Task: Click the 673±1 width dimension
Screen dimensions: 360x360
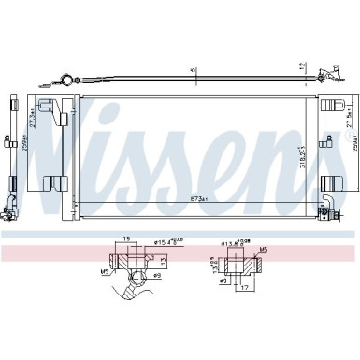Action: [194, 199]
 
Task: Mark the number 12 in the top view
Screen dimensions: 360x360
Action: [300, 66]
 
